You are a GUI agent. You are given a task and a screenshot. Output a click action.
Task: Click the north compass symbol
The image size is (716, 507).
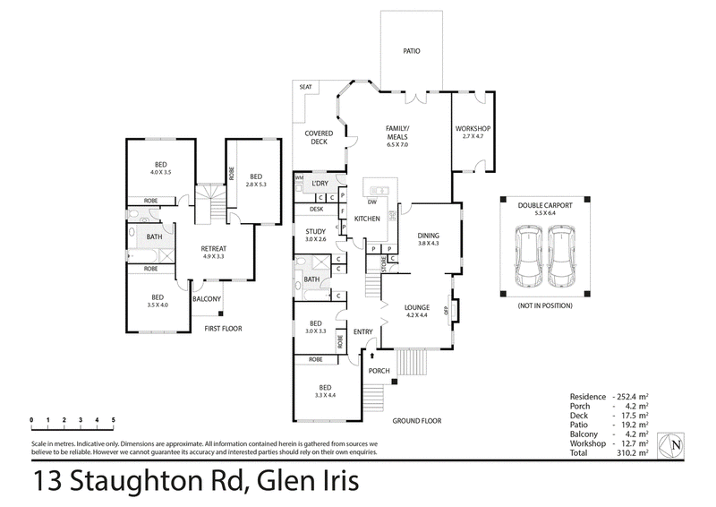click(x=670, y=445)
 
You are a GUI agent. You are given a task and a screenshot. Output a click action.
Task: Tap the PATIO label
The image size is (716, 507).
click(x=412, y=51)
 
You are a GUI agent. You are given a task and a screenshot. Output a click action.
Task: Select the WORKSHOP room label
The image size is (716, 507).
click(x=473, y=129)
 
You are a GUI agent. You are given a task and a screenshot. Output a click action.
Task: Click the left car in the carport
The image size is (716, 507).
click(x=530, y=256)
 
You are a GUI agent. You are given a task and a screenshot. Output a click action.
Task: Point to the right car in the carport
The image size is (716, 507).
click(x=561, y=256)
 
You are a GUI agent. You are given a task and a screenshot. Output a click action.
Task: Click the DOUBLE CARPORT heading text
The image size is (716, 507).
click(x=545, y=205)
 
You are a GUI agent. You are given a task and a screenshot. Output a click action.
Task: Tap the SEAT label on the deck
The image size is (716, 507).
click(x=305, y=87)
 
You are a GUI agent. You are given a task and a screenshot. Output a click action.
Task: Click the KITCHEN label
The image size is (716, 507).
click(x=367, y=219)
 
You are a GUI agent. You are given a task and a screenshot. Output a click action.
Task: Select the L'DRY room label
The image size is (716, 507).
click(x=320, y=184)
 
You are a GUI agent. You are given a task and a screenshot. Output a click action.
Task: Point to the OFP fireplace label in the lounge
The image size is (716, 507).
click(x=446, y=311)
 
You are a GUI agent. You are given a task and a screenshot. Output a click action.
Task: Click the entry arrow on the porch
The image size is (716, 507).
click(x=372, y=356)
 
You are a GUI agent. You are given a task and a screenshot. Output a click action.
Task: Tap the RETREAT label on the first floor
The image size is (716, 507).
click(x=214, y=249)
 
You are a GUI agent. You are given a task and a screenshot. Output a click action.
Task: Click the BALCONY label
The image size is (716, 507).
click(x=207, y=299)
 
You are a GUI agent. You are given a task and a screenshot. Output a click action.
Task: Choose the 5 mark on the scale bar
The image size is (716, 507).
click(x=114, y=420)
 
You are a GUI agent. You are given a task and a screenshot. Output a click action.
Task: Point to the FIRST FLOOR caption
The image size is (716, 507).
click(x=223, y=328)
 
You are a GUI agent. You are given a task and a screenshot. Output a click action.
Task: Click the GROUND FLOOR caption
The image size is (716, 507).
click(x=417, y=421)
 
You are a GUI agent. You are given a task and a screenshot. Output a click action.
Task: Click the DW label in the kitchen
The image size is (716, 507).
click(x=372, y=202)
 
